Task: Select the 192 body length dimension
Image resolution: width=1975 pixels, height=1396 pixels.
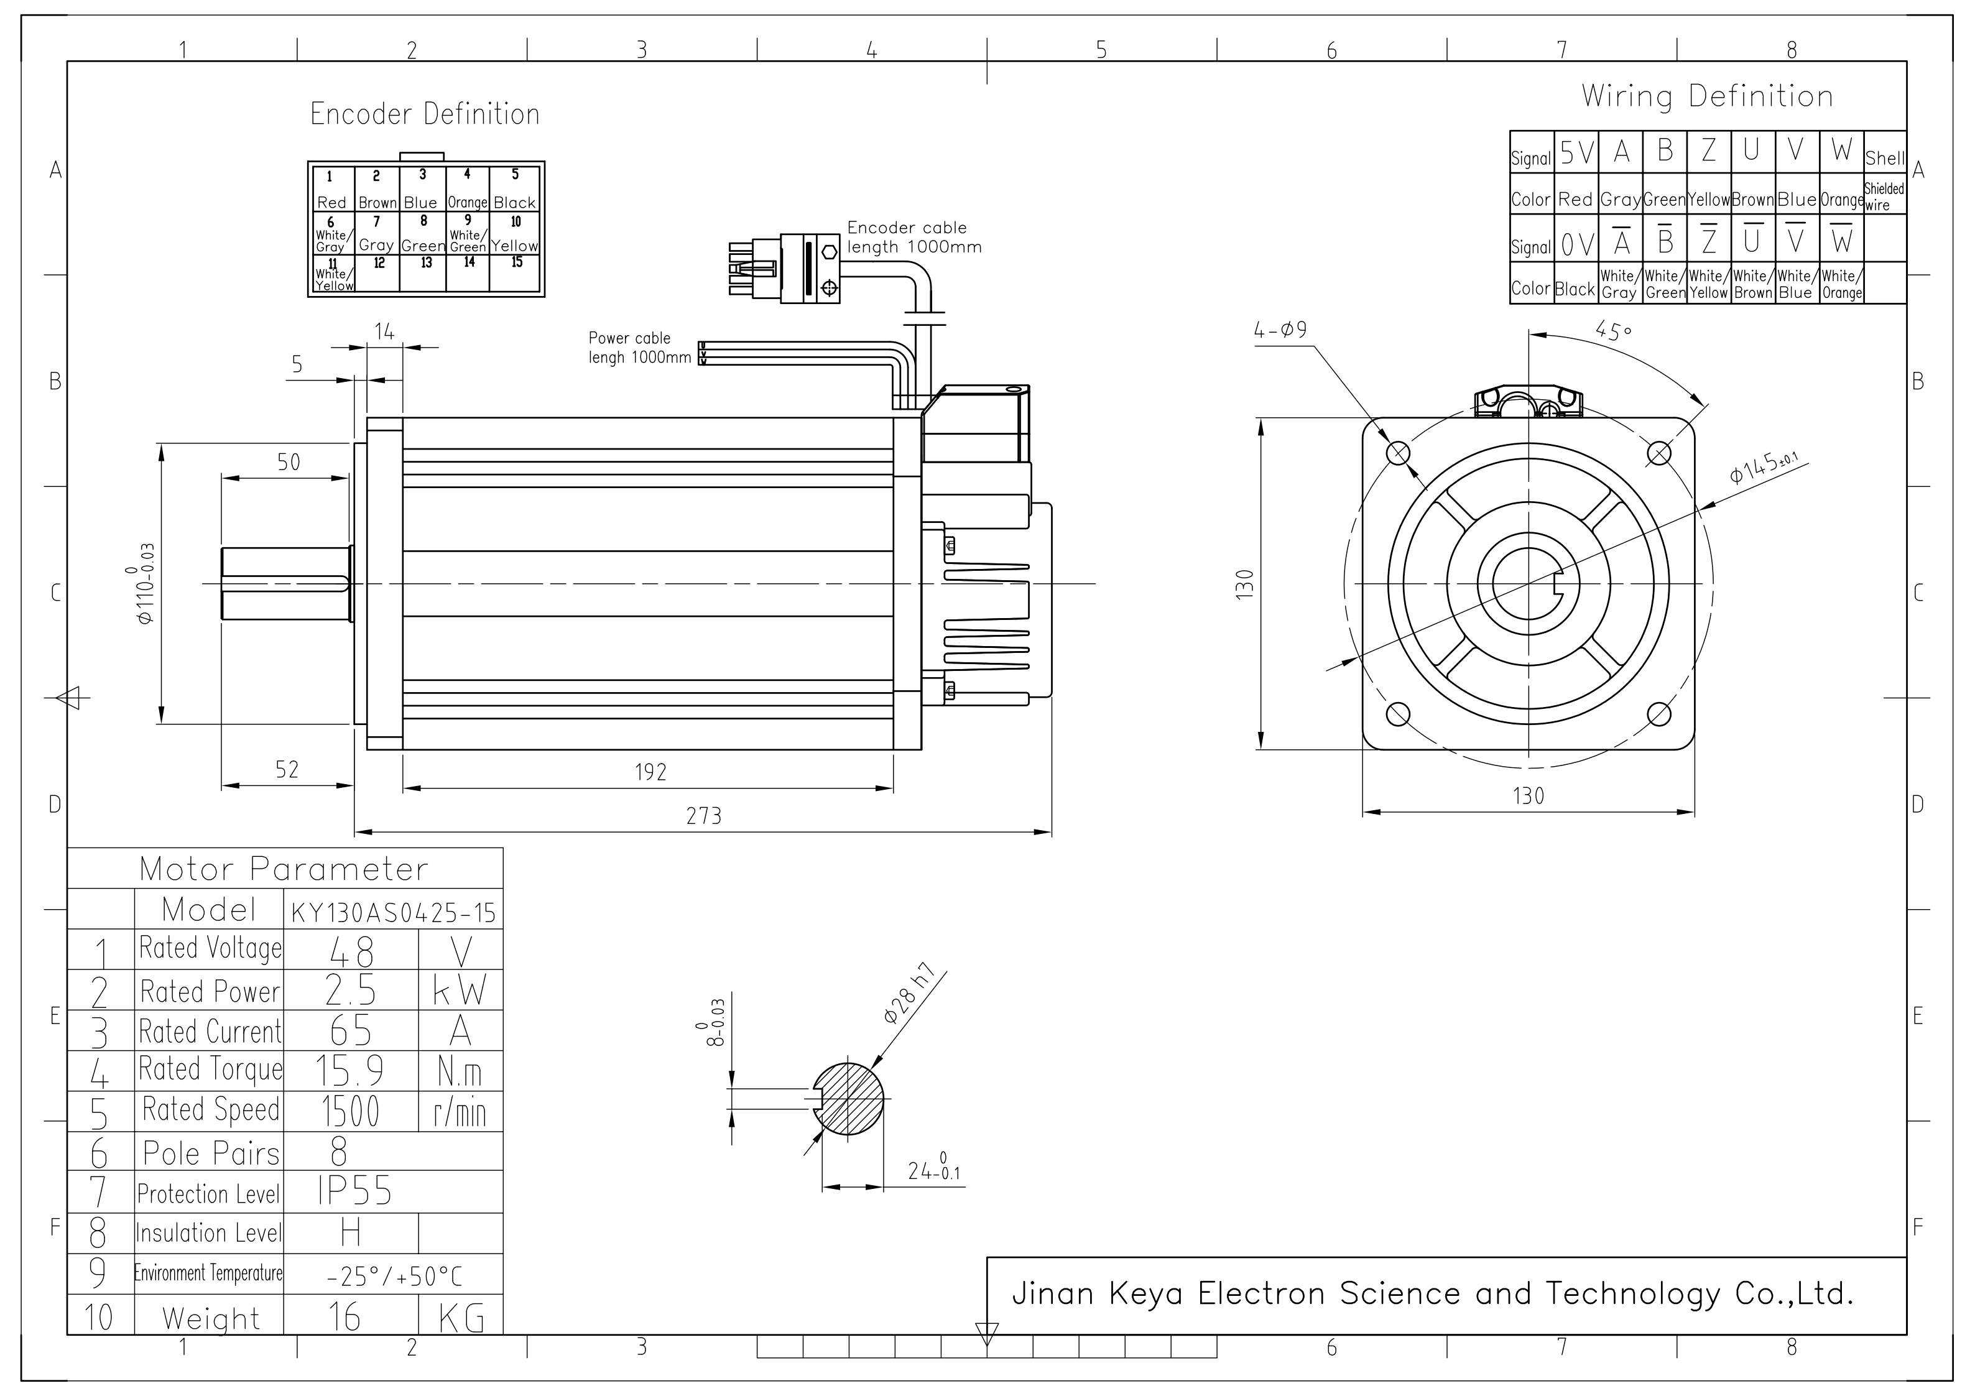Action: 650,772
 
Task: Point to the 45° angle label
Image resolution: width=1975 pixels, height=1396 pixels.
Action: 1613,330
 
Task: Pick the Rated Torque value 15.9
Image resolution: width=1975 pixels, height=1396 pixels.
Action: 349,1071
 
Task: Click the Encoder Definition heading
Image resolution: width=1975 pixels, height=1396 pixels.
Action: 425,114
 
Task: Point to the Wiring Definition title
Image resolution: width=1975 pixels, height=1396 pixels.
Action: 1706,96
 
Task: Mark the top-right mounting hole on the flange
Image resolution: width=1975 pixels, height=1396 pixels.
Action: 1658,453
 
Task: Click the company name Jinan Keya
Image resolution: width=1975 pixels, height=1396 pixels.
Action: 1432,1293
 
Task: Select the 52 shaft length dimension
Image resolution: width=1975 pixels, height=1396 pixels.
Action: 287,769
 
